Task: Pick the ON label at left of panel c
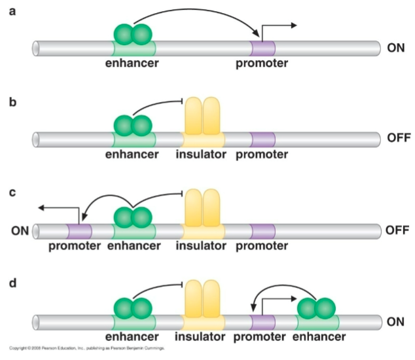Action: point(19,230)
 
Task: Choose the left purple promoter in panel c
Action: point(79,230)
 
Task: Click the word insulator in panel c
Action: point(203,246)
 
